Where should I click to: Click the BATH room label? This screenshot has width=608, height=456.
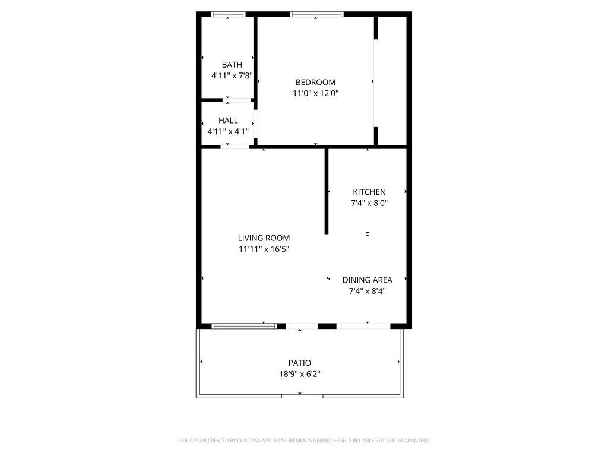(x=232, y=65)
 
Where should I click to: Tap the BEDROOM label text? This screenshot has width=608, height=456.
(x=316, y=82)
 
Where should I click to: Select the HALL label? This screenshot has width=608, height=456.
(x=228, y=120)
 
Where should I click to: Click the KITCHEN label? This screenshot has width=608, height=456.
(x=369, y=192)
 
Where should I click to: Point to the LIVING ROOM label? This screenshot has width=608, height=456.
(x=264, y=238)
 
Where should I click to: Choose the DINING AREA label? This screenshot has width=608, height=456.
(x=367, y=280)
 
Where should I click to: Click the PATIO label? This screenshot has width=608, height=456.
(x=300, y=363)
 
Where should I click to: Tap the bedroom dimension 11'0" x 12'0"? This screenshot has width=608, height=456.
(x=316, y=93)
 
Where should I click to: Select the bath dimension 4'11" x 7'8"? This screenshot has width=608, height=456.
(x=232, y=75)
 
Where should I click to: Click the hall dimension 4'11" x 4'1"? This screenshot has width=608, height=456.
(x=228, y=131)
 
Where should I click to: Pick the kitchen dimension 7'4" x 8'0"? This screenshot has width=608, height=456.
(x=369, y=203)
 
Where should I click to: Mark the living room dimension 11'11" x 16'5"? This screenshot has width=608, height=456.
(x=264, y=249)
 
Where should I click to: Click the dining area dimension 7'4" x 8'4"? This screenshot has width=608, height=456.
(x=367, y=291)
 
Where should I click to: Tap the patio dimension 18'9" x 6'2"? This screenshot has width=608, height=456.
(x=300, y=374)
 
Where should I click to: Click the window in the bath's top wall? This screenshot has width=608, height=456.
(x=229, y=14)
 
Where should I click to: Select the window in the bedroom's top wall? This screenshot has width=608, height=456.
(x=317, y=14)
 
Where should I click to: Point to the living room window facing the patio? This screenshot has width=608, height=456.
(x=244, y=326)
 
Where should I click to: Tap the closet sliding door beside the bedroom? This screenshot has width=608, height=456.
(x=375, y=83)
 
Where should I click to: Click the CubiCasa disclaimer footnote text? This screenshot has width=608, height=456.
(x=304, y=441)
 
